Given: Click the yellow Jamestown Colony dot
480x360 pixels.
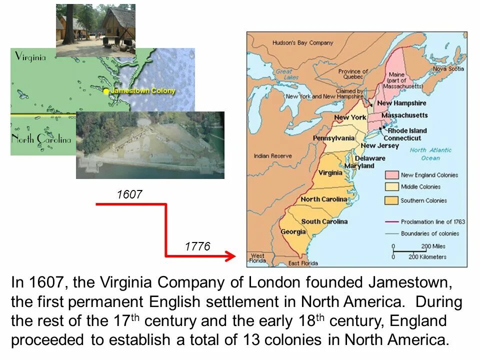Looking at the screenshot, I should pyautogui.click(x=106, y=91).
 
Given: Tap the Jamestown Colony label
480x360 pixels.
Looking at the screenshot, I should pyautogui.click(x=143, y=91).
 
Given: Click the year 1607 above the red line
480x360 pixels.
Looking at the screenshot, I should pyautogui.click(x=129, y=194).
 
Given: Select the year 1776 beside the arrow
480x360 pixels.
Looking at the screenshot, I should pyautogui.click(x=197, y=246).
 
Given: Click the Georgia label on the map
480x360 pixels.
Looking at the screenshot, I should pyautogui.click(x=293, y=231).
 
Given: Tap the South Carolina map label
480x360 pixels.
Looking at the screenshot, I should pyautogui.click(x=324, y=221).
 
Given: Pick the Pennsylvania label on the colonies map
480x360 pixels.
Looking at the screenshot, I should pyautogui.click(x=333, y=138).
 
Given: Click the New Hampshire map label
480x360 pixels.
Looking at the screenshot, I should pyautogui.click(x=402, y=103).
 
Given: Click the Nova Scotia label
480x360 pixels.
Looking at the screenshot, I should pyautogui.click(x=448, y=69).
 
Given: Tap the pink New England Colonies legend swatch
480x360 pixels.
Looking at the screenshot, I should pyautogui.click(x=391, y=175).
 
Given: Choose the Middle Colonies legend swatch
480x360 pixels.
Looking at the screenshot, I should pyautogui.click(x=391, y=187).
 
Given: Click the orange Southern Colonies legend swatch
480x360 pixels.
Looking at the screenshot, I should pyautogui.click(x=391, y=200).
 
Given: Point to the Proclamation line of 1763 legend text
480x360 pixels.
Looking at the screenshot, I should pyautogui.click(x=433, y=221).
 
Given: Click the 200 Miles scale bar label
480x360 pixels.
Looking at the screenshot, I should pyautogui.click(x=433, y=246).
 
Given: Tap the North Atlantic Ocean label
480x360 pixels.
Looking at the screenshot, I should pyautogui.click(x=430, y=154).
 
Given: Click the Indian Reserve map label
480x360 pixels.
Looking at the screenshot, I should pyautogui.click(x=272, y=156).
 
